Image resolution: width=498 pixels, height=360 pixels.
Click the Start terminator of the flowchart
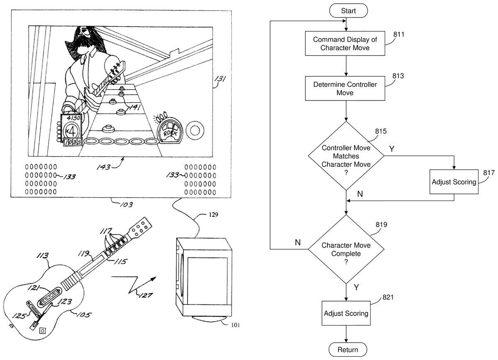(348, 11)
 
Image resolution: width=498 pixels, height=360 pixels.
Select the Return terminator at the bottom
(348, 349)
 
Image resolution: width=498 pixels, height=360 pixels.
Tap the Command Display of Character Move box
(346, 44)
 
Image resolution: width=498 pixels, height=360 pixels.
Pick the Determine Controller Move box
(346, 88)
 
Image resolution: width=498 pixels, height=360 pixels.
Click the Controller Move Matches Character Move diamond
(346, 156)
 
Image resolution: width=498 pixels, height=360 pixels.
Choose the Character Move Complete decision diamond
(346, 249)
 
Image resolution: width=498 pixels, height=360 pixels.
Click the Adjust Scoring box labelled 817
(454, 182)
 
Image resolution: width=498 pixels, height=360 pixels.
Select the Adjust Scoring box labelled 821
(346, 313)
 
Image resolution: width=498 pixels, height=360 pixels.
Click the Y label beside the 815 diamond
(391, 148)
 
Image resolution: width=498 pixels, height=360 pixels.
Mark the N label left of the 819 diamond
(298, 242)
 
